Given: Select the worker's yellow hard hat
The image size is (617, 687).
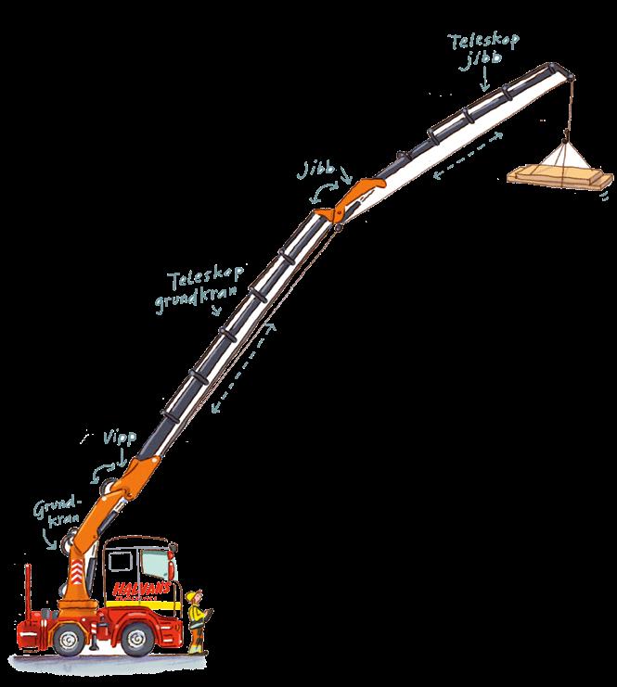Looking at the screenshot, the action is (193, 594).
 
